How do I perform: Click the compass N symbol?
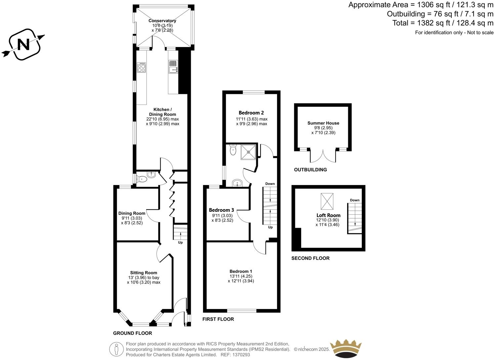click(x=23, y=44)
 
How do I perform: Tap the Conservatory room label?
click(x=162, y=21)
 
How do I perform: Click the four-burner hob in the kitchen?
click(x=142, y=67)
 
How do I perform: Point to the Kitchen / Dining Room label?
click(x=162, y=112)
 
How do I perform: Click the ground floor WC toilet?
click(x=142, y=179)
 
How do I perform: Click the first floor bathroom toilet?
click(x=233, y=151)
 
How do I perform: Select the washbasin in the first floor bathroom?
click(x=237, y=183)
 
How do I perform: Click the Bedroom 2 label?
click(x=251, y=113)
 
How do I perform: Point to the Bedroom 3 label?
click(x=222, y=210)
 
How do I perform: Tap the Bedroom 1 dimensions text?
click(x=241, y=279)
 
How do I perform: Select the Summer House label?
click(x=323, y=123)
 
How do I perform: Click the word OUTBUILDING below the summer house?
click(x=310, y=170)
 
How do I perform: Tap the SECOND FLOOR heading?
click(x=310, y=258)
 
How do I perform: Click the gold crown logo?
click(x=347, y=348)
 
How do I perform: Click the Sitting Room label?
click(x=144, y=273)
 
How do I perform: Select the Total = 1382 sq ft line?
click(x=443, y=23)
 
